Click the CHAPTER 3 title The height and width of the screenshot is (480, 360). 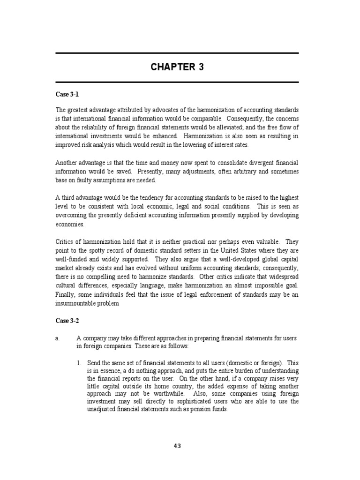click(177, 67)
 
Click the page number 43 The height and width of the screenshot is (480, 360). click(177, 446)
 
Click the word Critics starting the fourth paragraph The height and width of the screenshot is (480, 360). click(65, 241)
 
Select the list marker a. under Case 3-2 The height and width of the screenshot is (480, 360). click(57, 337)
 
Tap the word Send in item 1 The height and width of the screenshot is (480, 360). click(94, 362)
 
